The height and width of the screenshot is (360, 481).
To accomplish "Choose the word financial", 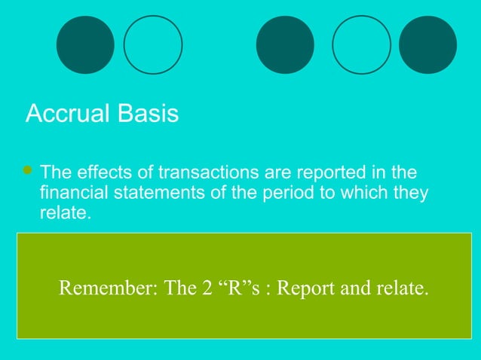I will point(73,193).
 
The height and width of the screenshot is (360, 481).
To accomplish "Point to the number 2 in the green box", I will point(206,288).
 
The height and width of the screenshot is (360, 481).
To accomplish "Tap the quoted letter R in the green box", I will point(233,288).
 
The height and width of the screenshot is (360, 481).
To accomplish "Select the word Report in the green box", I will point(306,288).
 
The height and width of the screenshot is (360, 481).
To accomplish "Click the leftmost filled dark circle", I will point(85,45).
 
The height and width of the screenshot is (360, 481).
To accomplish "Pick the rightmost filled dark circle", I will point(427,45).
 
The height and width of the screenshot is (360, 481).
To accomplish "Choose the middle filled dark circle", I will point(285,45).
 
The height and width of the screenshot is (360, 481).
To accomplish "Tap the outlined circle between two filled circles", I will point(361,45).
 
